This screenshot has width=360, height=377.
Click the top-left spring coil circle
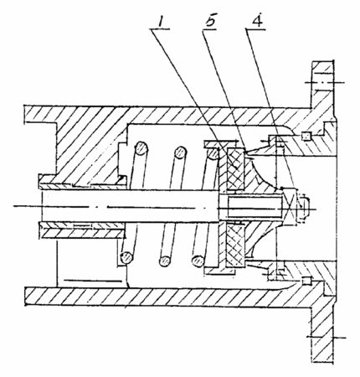[x=141, y=148]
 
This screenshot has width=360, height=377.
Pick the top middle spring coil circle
[x=180, y=152]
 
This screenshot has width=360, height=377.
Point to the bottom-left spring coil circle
[x=126, y=258]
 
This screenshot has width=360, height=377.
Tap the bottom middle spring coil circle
[x=165, y=261]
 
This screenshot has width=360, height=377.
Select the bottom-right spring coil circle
[x=198, y=261]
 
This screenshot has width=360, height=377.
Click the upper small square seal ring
[x=306, y=137]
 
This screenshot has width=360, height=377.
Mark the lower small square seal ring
[x=306, y=281]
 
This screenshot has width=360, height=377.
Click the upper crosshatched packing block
[x=236, y=168]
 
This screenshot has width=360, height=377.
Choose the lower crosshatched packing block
[x=236, y=245]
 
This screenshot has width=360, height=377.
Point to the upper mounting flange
[x=322, y=84]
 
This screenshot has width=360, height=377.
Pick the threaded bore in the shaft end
[x=255, y=207]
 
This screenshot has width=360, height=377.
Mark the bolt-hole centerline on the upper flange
[x=325, y=83]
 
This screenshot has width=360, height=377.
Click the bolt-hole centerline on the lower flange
[x=326, y=338]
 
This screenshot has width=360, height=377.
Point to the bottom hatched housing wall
[x=167, y=297]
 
